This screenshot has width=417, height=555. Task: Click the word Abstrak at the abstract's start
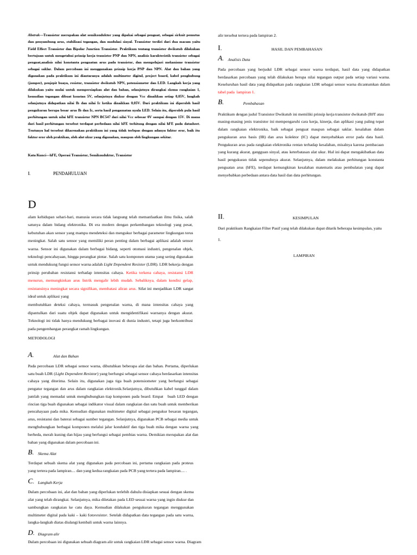(x=34, y=34)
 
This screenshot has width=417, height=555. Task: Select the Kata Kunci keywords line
(x=80, y=155)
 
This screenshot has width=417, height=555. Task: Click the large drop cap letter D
(x=31, y=204)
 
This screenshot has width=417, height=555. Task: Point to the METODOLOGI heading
(x=41, y=338)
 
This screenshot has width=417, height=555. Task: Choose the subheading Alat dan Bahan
(x=66, y=356)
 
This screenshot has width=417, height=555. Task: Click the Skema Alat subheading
(x=47, y=453)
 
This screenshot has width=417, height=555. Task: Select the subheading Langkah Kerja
(x=50, y=482)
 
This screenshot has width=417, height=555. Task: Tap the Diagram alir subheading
(x=49, y=534)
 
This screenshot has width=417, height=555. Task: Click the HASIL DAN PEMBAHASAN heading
(x=296, y=49)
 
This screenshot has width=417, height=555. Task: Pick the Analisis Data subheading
(x=238, y=59)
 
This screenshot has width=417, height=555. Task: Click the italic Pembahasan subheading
(x=253, y=102)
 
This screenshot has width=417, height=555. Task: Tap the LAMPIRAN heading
(x=304, y=255)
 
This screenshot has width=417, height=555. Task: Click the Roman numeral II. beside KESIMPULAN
(x=220, y=216)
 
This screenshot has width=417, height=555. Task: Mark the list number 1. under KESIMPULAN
(x=219, y=239)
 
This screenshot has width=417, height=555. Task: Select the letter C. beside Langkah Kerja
(x=31, y=481)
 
